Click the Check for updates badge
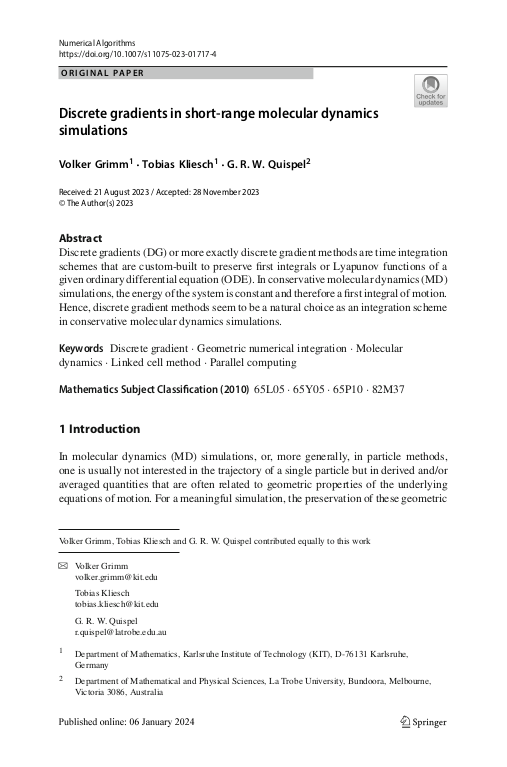pyautogui.click(x=431, y=90)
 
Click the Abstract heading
pyautogui.click(x=82, y=238)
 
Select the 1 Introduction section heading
pyautogui.click(x=100, y=429)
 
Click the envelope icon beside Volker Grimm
pyautogui.click(x=64, y=566)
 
